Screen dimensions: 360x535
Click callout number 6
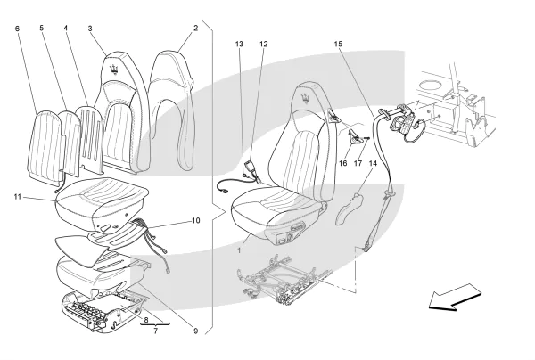tap(17, 29)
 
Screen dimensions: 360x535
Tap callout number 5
tap(42, 29)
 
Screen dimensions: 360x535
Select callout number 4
tap(65, 29)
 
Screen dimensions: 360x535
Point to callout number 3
tap(90, 29)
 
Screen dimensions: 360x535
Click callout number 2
tap(194, 29)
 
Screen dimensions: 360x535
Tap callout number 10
tap(196, 220)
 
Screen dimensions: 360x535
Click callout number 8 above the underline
tap(146, 318)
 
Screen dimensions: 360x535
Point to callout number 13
tap(239, 44)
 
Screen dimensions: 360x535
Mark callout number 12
tap(263, 44)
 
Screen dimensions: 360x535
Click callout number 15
tap(338, 44)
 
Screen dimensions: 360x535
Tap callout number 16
tap(343, 162)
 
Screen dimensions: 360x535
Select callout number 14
tap(374, 162)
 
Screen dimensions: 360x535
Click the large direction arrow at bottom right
tap(456, 299)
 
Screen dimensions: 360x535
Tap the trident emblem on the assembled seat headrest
tap(307, 95)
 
